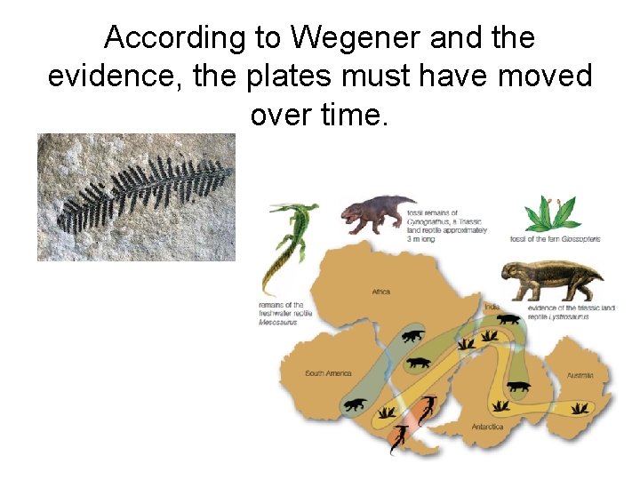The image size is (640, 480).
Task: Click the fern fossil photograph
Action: point(136,196)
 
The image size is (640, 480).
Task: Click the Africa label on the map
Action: point(380,291)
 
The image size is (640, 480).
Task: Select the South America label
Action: point(328,373)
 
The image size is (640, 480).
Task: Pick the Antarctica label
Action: point(487,427)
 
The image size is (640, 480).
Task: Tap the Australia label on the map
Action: point(580,375)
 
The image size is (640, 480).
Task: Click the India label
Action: point(492,308)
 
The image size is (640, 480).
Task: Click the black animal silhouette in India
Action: point(509,319)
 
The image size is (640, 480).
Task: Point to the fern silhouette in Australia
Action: point(580,408)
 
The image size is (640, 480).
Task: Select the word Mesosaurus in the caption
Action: point(278,324)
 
